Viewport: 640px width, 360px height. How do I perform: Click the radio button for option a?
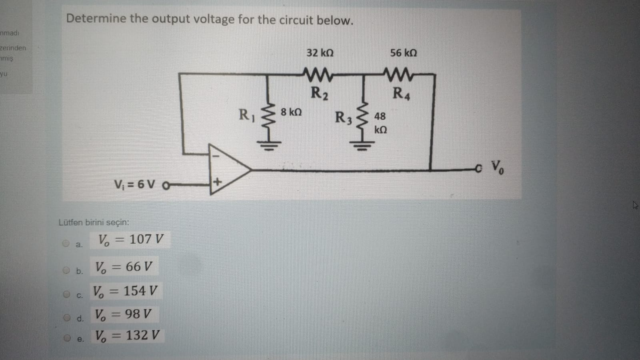tap(66, 243)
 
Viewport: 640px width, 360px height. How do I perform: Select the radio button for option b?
tap(66, 270)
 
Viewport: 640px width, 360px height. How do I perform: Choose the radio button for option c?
tap(66, 294)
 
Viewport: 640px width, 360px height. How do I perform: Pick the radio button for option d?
tap(67, 318)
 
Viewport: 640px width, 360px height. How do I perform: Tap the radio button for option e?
tap(68, 338)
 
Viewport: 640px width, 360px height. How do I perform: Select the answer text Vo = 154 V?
tap(125, 291)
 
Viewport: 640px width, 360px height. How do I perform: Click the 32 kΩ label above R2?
tap(320, 53)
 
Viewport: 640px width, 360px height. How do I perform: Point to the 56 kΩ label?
tap(403, 53)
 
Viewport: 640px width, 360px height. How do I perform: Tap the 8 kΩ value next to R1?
tap(291, 112)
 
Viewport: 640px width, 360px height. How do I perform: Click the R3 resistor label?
tap(343, 118)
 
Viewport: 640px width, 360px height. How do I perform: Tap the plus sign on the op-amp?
tap(217, 182)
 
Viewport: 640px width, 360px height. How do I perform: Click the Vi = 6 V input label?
tap(135, 184)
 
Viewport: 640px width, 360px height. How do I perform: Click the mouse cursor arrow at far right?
tap(635, 205)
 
